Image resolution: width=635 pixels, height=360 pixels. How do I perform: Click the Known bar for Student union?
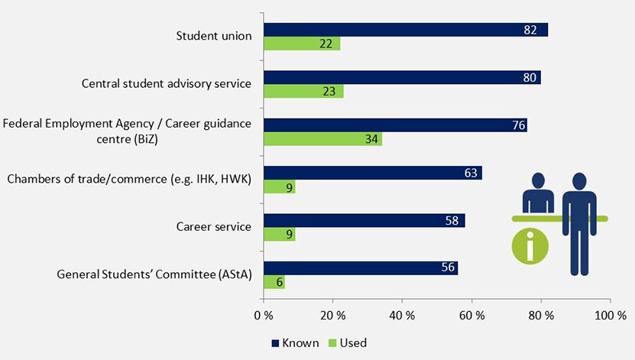coord(405,30)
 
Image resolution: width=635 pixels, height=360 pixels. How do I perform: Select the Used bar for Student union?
coord(302,44)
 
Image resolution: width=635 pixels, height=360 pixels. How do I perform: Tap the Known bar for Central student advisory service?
coord(402,77)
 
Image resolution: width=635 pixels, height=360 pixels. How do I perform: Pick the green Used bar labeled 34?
coord(322,138)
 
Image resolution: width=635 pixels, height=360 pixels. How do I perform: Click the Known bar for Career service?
coord(364,220)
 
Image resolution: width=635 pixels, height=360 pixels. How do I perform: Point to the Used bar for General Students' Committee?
coord(274,281)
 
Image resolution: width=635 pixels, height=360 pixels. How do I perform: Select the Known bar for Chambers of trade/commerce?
coord(372,173)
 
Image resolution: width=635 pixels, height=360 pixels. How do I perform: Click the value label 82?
coord(531,30)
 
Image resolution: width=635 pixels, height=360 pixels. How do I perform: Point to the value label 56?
coord(448,268)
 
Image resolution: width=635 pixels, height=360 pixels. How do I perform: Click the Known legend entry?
coord(294,343)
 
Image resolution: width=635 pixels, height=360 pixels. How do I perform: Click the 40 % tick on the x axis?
coord(402,315)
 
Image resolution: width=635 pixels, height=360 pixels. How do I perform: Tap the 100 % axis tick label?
coord(609,315)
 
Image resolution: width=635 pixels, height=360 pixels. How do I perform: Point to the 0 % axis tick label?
coord(264,315)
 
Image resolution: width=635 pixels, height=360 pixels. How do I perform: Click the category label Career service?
coord(214,226)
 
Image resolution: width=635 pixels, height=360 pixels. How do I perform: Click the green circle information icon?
coord(529,248)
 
